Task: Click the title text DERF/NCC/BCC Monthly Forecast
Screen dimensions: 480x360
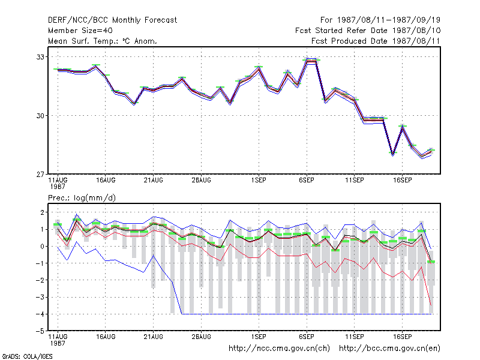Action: [x=112, y=20]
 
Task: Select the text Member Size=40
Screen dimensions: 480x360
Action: [x=80, y=31]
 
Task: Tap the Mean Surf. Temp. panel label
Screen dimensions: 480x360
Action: [x=103, y=41]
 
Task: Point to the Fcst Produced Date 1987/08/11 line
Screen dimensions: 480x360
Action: [x=376, y=41]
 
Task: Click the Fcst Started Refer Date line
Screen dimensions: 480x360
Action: [x=368, y=31]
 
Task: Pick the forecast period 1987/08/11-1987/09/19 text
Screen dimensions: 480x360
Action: [x=380, y=20]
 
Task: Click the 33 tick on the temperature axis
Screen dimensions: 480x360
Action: [x=40, y=57]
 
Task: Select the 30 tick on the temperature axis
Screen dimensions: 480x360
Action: [x=40, y=116]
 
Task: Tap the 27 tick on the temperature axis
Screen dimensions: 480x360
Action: [x=40, y=175]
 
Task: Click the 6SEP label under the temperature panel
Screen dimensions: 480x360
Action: [x=307, y=180]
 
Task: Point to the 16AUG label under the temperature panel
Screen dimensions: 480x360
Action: [x=106, y=180]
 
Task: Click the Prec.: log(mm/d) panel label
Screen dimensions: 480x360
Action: [x=82, y=198]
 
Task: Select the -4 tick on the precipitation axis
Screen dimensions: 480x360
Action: [x=40, y=314]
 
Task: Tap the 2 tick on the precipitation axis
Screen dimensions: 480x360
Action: [x=42, y=212]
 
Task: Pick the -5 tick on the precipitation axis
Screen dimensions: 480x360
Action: [x=40, y=331]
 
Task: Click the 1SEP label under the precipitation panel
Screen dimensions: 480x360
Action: [x=259, y=337]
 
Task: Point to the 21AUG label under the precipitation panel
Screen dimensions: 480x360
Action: [x=154, y=337]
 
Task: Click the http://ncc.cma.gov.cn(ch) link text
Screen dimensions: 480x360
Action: [x=279, y=349]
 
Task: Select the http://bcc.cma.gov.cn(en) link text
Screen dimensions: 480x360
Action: [x=389, y=349]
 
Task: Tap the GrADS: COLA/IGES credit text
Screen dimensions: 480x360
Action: [x=27, y=356]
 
